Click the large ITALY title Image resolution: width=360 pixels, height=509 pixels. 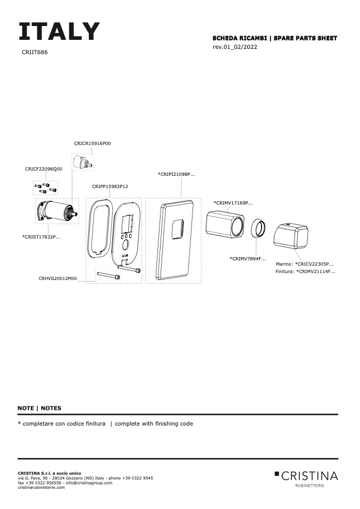(x=59, y=32)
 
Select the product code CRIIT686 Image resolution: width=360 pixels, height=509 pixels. (x=35, y=53)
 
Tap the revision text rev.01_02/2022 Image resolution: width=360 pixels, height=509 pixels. (x=235, y=47)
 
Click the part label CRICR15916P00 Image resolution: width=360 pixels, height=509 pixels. (x=93, y=143)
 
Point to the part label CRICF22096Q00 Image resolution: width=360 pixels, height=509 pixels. (x=44, y=169)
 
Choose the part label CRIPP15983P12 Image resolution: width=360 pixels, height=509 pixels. (x=110, y=186)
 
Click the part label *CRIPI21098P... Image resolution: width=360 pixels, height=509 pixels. (x=177, y=174)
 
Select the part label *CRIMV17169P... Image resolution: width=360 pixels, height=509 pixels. (x=233, y=203)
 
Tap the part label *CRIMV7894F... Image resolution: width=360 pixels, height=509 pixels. (x=248, y=259)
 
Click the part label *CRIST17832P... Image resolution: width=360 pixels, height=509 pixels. (x=41, y=237)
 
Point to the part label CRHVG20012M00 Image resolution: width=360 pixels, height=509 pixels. (x=58, y=278)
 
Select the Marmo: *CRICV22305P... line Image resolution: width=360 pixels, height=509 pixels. (x=305, y=264)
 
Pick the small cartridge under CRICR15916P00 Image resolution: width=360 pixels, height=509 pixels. (x=82, y=162)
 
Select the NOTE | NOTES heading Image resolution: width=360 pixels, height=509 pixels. (x=39, y=408)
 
